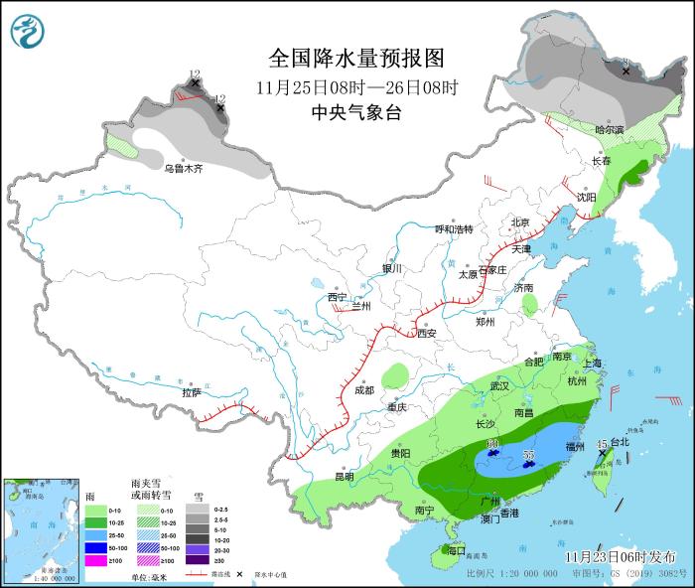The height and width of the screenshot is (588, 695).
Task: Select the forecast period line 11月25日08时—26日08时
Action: click(355, 86)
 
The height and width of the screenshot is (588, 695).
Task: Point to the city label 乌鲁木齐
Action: click(184, 169)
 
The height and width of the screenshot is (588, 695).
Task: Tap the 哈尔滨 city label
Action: click(609, 130)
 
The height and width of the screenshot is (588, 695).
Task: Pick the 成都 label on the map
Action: click(363, 390)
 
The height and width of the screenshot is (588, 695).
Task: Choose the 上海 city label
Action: click(593, 364)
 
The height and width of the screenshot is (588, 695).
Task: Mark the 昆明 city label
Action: click(344, 476)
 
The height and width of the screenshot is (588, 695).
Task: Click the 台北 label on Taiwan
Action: click(619, 442)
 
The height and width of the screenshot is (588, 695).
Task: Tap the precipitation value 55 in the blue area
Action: click(528, 455)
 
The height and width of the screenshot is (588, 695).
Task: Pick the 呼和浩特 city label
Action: click(456, 229)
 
